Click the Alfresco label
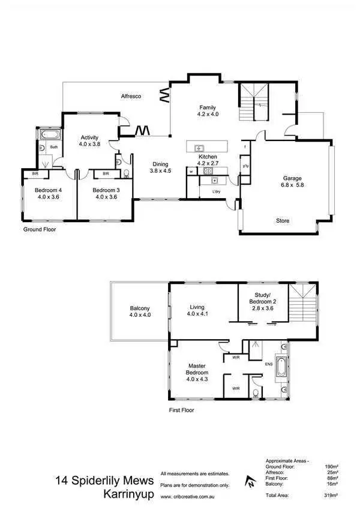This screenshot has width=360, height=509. click(131, 96)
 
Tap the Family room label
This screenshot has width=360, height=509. click(208, 108)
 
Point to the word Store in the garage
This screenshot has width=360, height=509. click(283, 221)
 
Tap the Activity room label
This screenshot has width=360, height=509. click(90, 137)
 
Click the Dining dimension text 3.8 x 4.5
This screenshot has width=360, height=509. click(160, 170)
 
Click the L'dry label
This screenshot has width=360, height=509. click(216, 192)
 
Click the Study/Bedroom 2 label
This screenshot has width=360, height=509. click(266, 304)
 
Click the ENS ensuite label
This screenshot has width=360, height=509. click(269, 364)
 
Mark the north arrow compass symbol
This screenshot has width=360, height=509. click(248, 480)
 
